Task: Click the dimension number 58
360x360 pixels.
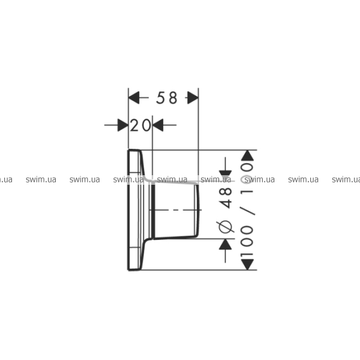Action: click(x=167, y=98)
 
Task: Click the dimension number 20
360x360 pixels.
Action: click(x=140, y=125)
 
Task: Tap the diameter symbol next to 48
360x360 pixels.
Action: click(x=225, y=227)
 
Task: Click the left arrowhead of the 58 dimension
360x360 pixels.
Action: click(x=134, y=98)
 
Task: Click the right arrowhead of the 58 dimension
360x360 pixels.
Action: click(x=193, y=98)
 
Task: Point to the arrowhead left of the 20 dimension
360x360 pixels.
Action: click(x=123, y=125)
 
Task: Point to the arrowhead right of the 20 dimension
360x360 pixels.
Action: click(x=158, y=125)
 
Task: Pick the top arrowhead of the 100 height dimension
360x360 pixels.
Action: click(x=247, y=155)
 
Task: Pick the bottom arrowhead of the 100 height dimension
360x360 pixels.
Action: click(x=247, y=265)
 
